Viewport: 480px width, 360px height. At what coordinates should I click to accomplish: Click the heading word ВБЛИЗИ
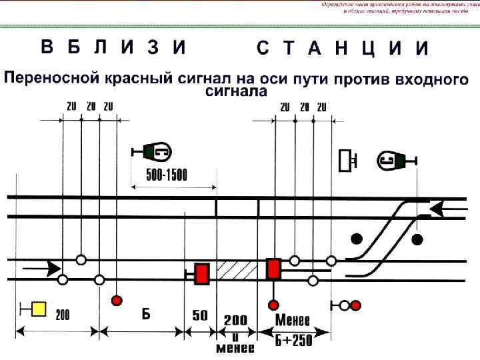click(x=113, y=47)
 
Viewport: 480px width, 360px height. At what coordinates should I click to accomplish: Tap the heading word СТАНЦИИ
click(x=341, y=49)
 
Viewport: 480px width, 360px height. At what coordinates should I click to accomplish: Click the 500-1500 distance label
click(x=167, y=175)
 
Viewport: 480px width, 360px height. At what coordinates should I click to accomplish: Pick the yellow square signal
click(x=39, y=309)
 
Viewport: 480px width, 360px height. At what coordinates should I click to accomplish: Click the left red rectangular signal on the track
click(x=201, y=274)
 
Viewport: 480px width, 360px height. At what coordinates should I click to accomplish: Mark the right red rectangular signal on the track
click(x=273, y=269)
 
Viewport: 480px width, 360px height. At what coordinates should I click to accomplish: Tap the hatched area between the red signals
click(x=237, y=271)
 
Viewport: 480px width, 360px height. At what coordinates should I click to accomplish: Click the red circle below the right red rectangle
click(x=273, y=305)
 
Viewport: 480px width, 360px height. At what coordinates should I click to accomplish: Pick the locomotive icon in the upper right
click(x=393, y=159)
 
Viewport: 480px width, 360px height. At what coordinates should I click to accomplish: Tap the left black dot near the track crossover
click(x=357, y=239)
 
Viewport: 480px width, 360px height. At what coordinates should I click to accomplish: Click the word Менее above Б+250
click(x=294, y=319)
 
